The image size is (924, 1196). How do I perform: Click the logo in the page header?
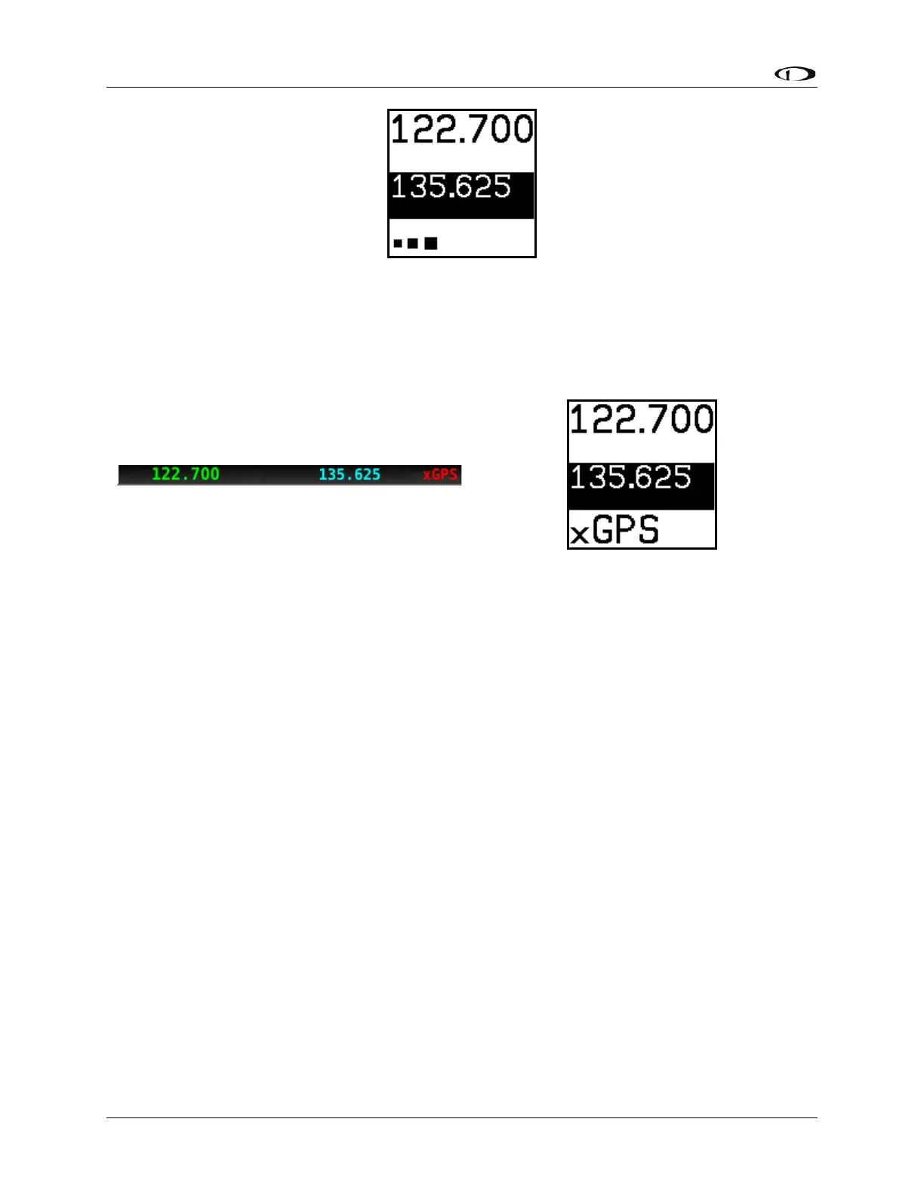point(796,74)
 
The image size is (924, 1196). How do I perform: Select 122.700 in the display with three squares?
point(461,130)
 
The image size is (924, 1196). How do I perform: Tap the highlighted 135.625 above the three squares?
point(451,186)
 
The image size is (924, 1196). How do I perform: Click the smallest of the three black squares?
point(398,244)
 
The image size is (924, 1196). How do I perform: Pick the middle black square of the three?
point(412,243)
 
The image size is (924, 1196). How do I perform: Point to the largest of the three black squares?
point(431,243)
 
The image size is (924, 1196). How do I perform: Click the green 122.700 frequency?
point(186,474)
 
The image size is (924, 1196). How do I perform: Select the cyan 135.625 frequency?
point(350,475)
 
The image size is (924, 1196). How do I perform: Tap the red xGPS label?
point(440,475)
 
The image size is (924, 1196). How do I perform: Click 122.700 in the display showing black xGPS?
point(642,420)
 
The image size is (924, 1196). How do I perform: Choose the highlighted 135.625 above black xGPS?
point(631,478)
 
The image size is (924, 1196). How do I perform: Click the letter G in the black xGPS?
point(604,529)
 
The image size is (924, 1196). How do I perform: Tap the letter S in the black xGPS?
point(648,529)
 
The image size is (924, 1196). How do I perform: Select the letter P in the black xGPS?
point(626,529)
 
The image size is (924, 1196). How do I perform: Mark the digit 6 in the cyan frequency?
point(359,475)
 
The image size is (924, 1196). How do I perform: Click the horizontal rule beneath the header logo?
point(461,88)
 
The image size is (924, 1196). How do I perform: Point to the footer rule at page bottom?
point(461,1117)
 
